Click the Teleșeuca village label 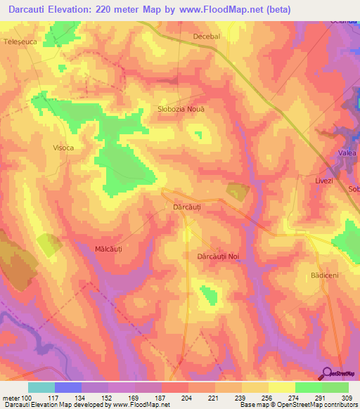(20, 41)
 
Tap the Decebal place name (206, 36)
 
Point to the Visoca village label (63, 148)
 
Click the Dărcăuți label (187, 207)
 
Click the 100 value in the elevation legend (27, 398)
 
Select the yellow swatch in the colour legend (281, 387)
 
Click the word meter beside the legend (10, 398)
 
